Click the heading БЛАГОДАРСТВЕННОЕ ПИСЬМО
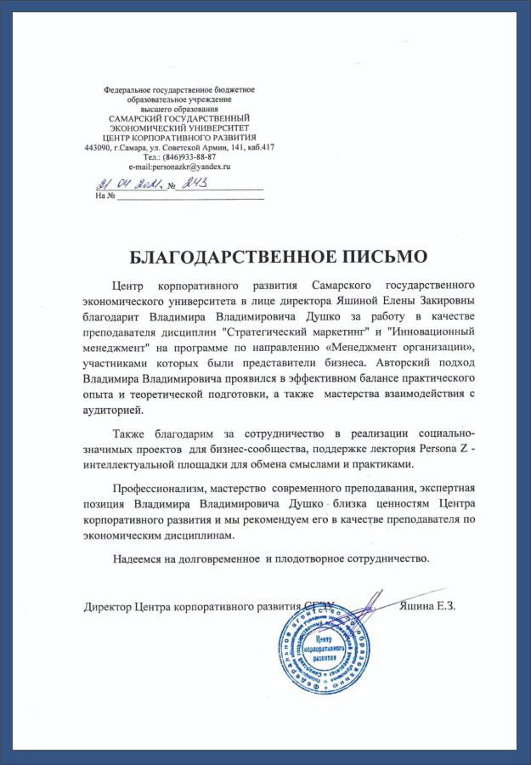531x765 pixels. click(x=265, y=255)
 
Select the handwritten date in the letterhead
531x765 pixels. click(x=124, y=184)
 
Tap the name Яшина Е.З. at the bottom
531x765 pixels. click(x=428, y=606)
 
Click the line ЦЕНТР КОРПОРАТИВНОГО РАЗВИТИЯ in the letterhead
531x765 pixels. click(x=179, y=137)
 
